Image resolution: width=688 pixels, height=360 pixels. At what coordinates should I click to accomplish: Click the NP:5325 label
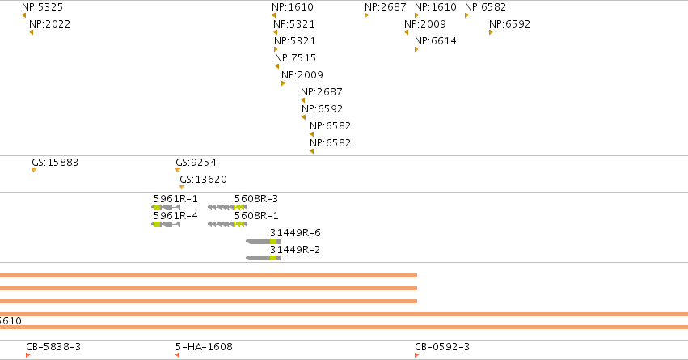pos(43,7)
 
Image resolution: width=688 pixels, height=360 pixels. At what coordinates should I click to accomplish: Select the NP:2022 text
pos(49,24)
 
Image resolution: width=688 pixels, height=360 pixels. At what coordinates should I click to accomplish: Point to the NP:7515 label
pos(295,58)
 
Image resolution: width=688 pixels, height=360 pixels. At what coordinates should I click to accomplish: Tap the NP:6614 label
pos(436,40)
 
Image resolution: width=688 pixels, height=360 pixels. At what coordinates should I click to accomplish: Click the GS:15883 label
pos(55,163)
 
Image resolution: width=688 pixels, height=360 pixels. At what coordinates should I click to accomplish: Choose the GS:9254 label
pos(196,163)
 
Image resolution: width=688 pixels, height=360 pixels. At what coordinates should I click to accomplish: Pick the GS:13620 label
pos(203,179)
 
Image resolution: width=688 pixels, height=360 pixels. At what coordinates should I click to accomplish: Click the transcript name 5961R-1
pos(175,199)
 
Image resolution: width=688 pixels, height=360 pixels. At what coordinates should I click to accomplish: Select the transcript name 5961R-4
pos(175,216)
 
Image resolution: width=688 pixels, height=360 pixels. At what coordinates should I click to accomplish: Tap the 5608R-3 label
pos(256,199)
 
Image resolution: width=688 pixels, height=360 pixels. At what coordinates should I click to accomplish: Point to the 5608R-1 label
pos(256,216)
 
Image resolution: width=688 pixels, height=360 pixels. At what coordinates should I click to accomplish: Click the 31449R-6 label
pos(295,233)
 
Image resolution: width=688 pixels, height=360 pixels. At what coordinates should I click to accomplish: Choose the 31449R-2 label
pos(295,250)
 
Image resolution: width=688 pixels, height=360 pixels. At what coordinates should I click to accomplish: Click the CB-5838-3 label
pos(53,347)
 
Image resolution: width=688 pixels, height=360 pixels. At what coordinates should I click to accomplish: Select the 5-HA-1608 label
pos(204,347)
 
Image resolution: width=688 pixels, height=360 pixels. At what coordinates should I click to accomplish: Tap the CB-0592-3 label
pos(442,347)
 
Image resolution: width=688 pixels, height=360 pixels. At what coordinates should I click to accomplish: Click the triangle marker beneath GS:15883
pos(34,171)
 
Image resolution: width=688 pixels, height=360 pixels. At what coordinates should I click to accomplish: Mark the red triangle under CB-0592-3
pos(417,355)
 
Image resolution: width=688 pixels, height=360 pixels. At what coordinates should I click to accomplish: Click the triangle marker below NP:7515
pos(276,66)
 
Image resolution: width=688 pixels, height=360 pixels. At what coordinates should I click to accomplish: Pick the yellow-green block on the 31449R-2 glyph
pos(273,258)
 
